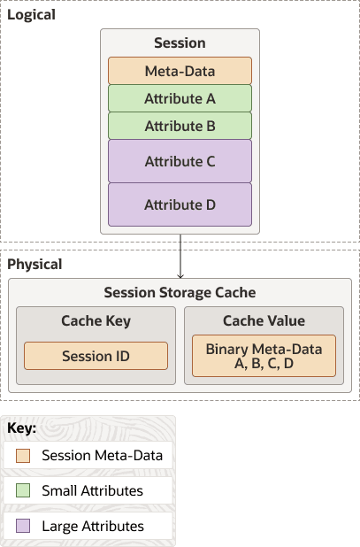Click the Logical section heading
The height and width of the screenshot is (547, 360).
point(31,14)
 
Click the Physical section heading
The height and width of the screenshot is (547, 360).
point(34,264)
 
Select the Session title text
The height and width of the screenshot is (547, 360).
point(180,42)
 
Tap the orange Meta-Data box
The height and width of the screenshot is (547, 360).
point(180,71)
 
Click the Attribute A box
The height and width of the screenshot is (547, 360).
point(180,98)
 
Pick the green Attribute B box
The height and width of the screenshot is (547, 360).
point(180,126)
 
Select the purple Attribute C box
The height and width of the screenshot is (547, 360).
point(180,161)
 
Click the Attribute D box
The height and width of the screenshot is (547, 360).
point(180,204)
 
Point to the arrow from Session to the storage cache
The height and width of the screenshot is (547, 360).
point(180,256)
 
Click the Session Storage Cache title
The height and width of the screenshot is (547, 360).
point(180,293)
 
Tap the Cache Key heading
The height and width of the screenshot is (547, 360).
point(95,320)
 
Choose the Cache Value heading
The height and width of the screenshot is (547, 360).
point(264,320)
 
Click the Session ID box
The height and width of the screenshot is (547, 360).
point(96,356)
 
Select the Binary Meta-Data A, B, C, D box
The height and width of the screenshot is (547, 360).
point(264,356)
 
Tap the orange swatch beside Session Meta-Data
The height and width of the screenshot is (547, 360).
point(23,456)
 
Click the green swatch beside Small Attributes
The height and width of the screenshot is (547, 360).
point(23,490)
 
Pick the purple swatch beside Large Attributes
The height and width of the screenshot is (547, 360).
point(23,526)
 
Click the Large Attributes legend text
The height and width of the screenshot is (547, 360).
point(93,526)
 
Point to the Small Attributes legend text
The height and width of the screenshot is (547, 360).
point(92,490)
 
